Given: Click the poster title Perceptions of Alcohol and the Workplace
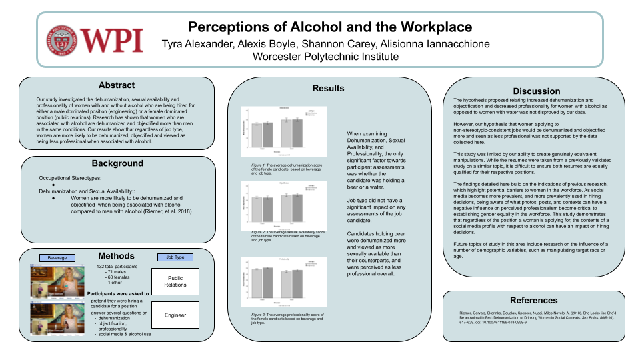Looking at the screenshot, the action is (x=329, y=27).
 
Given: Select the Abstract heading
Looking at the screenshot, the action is (x=116, y=85).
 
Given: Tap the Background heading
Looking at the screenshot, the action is (x=117, y=163).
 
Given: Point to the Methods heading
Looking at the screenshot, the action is (x=116, y=256).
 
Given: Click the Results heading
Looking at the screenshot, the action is (x=328, y=88).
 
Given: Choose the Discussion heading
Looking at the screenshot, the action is (x=537, y=91).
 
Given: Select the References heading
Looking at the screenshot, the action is (x=533, y=300).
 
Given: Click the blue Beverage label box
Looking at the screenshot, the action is (x=57, y=257).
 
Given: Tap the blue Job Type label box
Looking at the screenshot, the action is (x=174, y=257).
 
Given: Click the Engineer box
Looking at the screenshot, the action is (x=175, y=315).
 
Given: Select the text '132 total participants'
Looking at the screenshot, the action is (x=121, y=267).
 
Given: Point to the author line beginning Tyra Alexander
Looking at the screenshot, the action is (x=326, y=44).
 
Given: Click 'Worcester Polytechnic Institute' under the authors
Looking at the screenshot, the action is (x=326, y=57).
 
